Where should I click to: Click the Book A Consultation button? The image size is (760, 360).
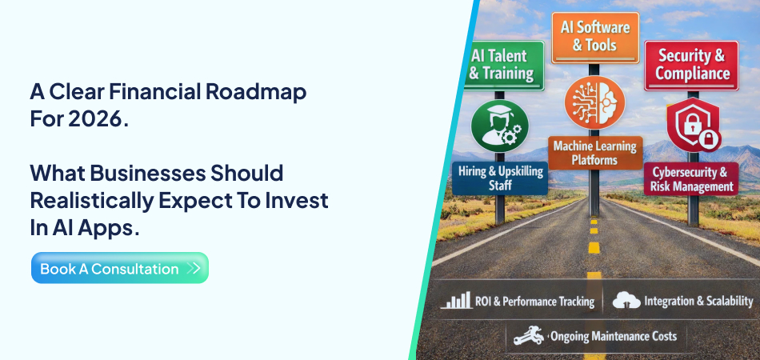[119, 269]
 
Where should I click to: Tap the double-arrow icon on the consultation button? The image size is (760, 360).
[193, 269]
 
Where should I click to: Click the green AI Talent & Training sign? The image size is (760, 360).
[505, 65]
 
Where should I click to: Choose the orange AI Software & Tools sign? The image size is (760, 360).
[595, 36]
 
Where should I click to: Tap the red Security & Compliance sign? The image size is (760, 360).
[692, 65]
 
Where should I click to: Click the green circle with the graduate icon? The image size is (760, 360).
[500, 126]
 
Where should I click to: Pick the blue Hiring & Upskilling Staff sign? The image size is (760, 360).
[501, 178]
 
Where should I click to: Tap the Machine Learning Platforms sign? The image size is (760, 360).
[595, 153]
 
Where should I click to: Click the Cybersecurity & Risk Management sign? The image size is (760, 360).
[690, 179]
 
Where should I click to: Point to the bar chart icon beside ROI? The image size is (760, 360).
[456, 301]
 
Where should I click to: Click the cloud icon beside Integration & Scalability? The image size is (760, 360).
[626, 301]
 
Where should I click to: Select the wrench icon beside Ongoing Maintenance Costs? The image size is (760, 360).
[529, 335]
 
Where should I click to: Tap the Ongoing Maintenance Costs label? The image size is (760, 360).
[613, 335]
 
